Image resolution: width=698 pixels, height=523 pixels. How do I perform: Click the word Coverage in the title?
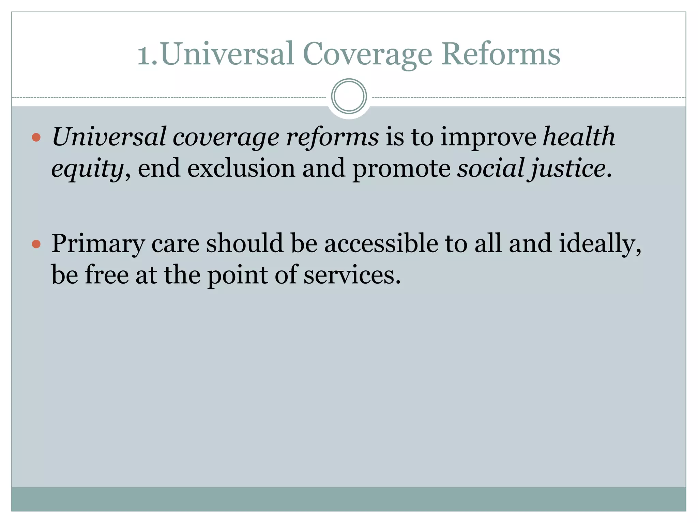pos(367,54)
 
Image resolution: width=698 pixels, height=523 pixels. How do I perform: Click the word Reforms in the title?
pos(501,54)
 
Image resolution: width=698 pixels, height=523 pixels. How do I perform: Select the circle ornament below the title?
pos(349,96)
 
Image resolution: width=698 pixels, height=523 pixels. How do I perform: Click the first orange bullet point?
pos(36,138)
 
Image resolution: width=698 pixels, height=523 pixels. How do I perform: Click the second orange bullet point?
pos(36,244)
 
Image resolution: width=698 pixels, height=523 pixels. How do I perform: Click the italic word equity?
pos(87,169)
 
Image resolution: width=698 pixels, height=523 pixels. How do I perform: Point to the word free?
pos(107,275)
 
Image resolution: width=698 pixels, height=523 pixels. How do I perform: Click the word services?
pos(351,275)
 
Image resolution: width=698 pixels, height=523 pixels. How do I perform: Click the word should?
pos(245,243)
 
